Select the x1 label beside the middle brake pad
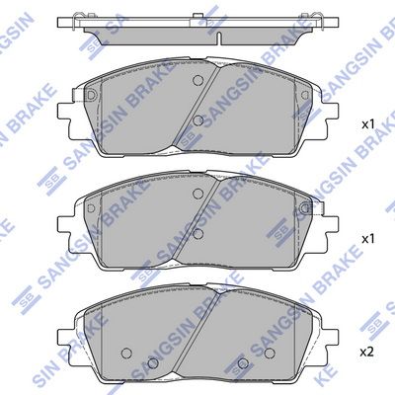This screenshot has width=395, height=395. [367, 239]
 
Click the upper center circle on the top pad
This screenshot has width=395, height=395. [197, 81]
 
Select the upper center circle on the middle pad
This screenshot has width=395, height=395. [197, 195]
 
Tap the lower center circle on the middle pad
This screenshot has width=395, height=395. [197, 233]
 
